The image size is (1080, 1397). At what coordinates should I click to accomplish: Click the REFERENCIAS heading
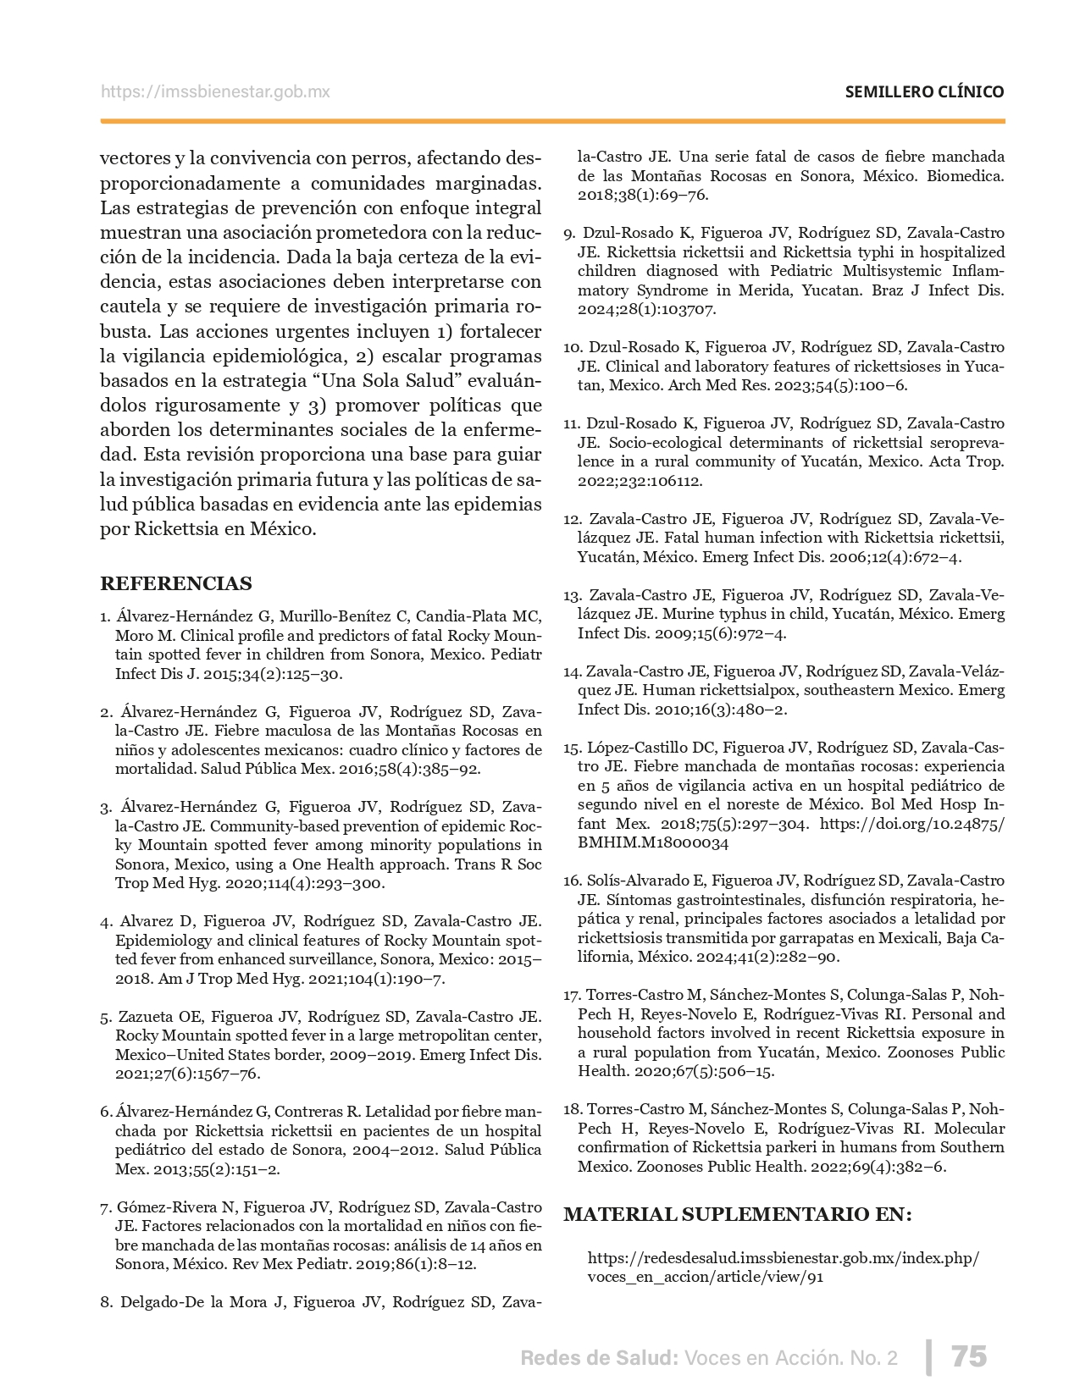pyautogui.click(x=176, y=583)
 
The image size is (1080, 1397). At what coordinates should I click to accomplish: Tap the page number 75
pyautogui.click(x=969, y=1356)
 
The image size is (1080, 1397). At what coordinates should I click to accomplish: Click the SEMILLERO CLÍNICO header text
pyautogui.click(x=924, y=92)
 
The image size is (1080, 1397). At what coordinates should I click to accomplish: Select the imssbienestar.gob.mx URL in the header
pyautogui.click(x=215, y=92)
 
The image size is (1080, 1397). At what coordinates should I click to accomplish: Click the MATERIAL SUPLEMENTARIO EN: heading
pyautogui.click(x=737, y=1215)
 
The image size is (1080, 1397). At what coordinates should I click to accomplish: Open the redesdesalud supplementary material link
pyautogui.click(x=783, y=1267)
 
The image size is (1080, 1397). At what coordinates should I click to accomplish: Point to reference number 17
pyautogui.click(x=572, y=995)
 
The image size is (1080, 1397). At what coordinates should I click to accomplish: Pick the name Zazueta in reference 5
pyautogui.click(x=148, y=1016)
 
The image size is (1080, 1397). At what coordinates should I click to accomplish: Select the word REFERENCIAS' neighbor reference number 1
pyautogui.click(x=104, y=616)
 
